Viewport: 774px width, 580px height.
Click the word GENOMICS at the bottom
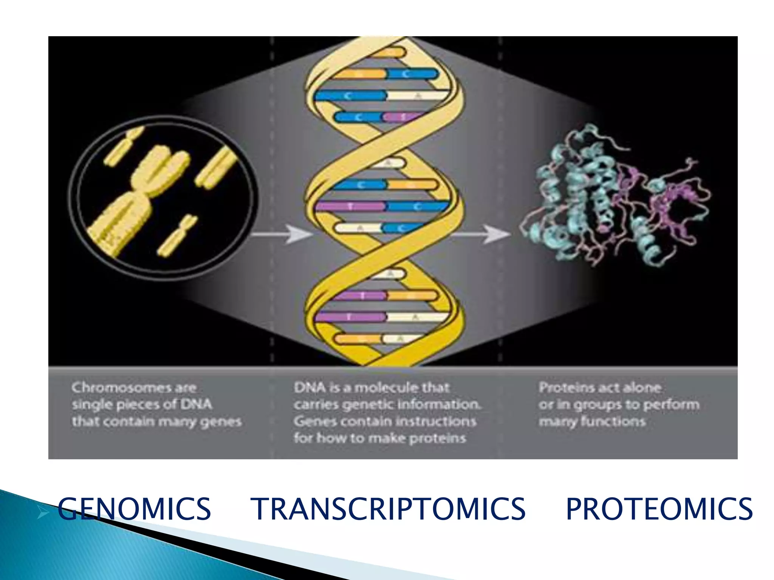coord(134,509)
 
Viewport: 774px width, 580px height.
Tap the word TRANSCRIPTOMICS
coord(389,509)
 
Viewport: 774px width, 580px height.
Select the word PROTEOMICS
coord(659,509)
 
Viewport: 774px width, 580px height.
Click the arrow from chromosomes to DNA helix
coord(282,234)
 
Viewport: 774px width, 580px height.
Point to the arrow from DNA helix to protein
coord(480,234)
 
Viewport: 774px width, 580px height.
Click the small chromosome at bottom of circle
coord(177,236)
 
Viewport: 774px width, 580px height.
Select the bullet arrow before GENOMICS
coord(44,513)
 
